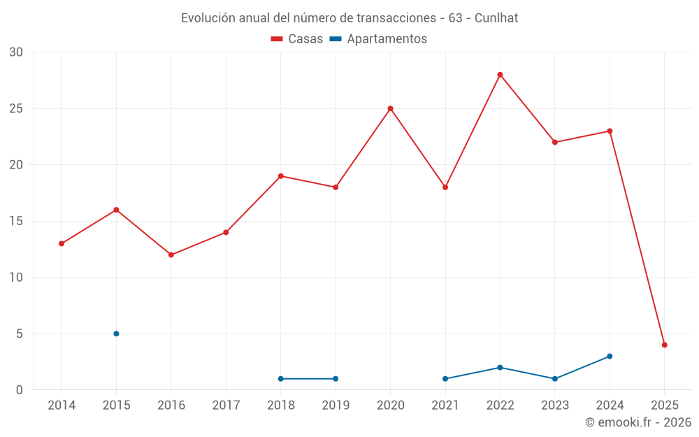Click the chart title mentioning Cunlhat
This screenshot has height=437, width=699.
pos(349,18)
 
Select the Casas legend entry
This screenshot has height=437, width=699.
pos(298,39)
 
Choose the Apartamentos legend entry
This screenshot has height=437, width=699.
pos(378,39)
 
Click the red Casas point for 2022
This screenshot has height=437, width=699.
pos(500,75)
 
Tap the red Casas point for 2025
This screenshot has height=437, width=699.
pos(664,345)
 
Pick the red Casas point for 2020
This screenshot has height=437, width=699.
pos(390,108)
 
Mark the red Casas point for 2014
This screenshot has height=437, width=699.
pos(62,243)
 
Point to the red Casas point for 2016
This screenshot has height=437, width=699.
pos(171,255)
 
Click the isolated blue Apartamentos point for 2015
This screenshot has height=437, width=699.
pos(116,334)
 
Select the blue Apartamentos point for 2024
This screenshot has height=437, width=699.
pos(610,356)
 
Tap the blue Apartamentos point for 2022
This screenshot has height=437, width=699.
pos(500,367)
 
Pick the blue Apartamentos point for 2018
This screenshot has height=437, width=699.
pos(280,378)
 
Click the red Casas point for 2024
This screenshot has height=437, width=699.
pos(610,131)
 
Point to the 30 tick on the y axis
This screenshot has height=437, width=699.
pos(16,52)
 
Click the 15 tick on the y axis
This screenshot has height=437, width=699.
pos(16,221)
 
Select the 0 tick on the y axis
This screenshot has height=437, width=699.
pos(20,389)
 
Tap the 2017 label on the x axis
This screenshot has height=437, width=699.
pos(226,406)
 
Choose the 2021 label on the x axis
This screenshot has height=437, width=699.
pos(445,406)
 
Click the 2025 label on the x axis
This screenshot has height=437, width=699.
pos(664,406)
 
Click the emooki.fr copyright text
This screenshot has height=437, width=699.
pos(637,422)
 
